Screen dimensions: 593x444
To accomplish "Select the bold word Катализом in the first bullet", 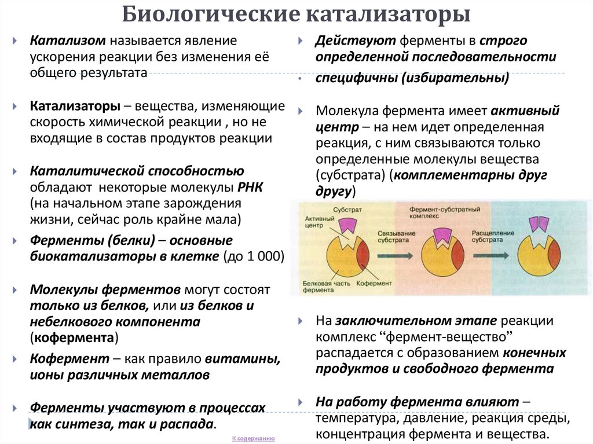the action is tap(67, 42).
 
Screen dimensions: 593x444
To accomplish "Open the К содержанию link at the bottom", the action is tap(254, 439).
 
